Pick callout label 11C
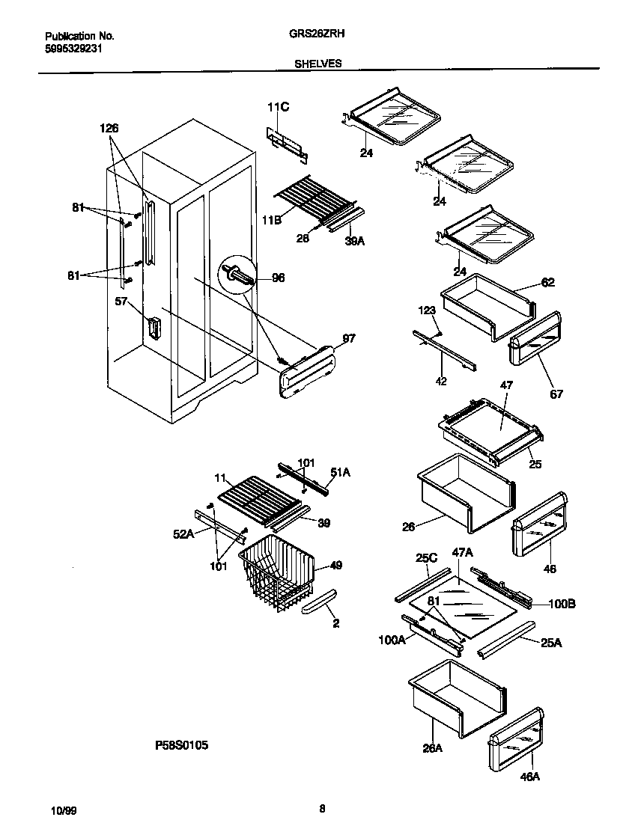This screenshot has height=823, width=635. pos(277,108)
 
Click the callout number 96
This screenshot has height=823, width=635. pos(279,277)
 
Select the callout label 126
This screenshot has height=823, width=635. pos(109,128)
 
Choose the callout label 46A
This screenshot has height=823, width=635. pos(529,777)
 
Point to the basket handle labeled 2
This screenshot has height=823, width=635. pos(318,600)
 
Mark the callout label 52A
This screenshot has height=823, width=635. pos(184,533)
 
